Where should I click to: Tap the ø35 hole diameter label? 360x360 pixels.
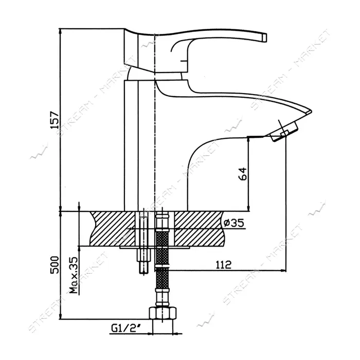[x=233, y=223]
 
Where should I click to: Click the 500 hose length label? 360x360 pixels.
[x=55, y=264]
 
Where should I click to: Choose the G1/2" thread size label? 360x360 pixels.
[x=126, y=329]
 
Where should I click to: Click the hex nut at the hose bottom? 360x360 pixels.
[x=163, y=313]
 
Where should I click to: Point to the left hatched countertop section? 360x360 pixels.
[x=113, y=228]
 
